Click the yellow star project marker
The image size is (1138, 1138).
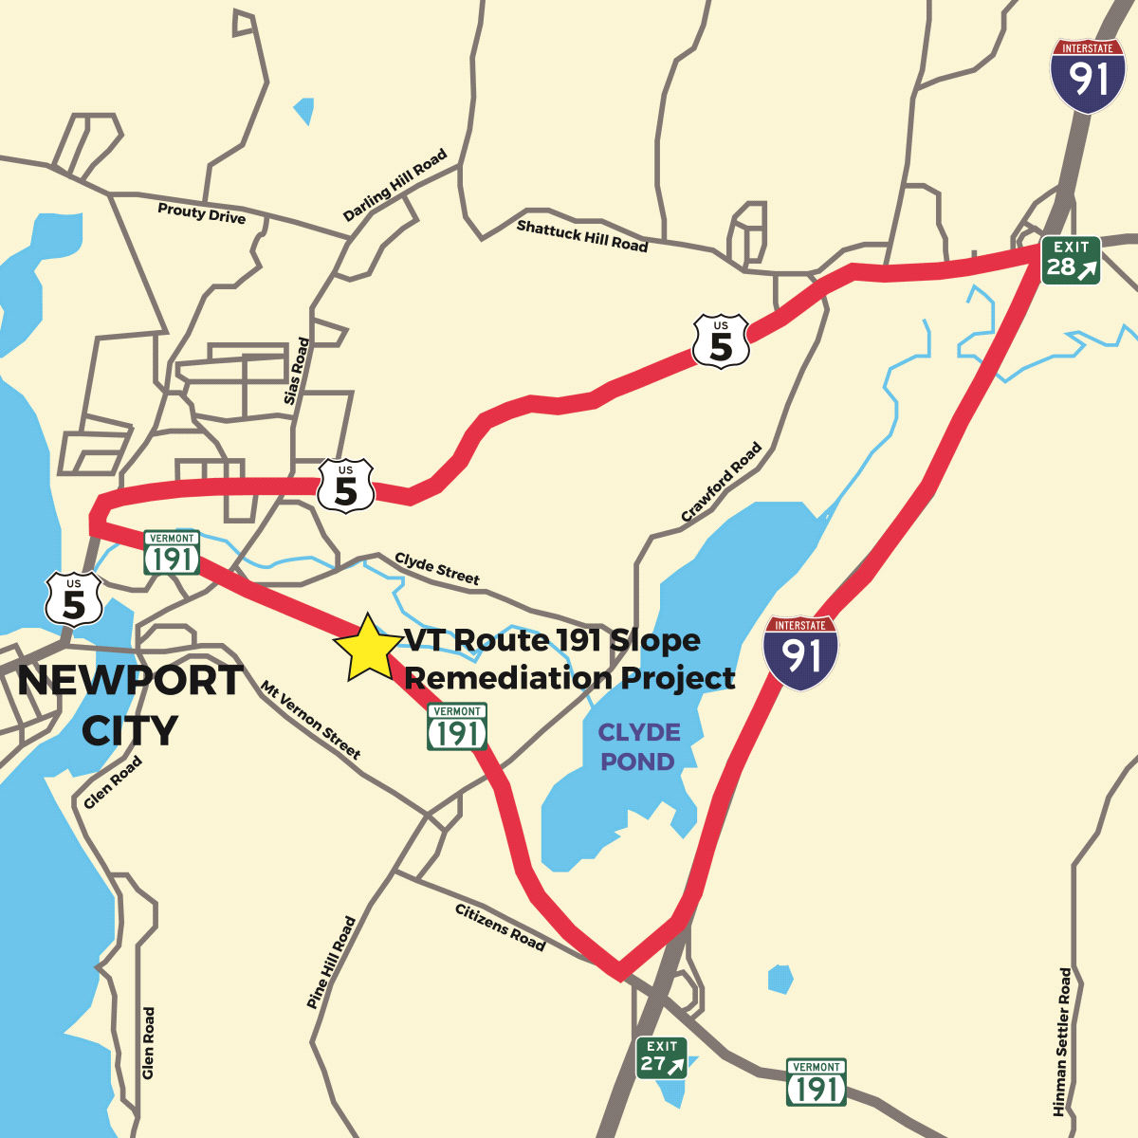367,648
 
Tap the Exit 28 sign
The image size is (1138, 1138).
1071,260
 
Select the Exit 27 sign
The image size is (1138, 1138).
661,1056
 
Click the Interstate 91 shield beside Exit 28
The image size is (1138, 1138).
1088,75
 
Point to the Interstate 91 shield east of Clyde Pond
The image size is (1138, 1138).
800,652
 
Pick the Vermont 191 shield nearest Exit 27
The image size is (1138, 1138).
816,1082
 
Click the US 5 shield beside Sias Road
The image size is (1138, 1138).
345,486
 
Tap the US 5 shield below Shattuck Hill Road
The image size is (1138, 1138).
721,341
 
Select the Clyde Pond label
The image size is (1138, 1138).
638,746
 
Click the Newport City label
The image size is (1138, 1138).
130,705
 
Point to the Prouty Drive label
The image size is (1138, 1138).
201,213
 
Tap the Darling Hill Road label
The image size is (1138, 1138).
395,186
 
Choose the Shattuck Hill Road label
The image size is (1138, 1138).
581,235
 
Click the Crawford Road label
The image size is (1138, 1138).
722,482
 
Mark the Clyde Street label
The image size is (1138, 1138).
437,568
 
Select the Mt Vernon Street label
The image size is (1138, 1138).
311,721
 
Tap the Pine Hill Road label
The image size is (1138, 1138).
331,962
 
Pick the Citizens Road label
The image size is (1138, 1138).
500,927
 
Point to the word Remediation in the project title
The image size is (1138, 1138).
508,678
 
